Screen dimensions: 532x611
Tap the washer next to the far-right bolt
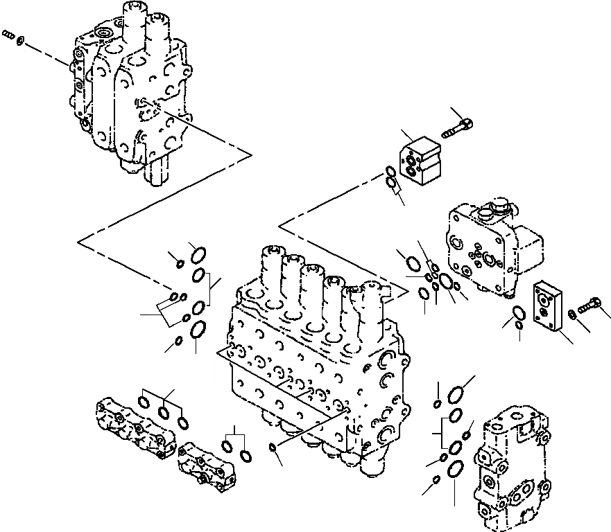(571, 314)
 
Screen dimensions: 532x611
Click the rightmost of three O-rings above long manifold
(182, 421)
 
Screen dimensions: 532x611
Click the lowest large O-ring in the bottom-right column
(454, 469)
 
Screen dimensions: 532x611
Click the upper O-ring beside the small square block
(391, 172)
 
